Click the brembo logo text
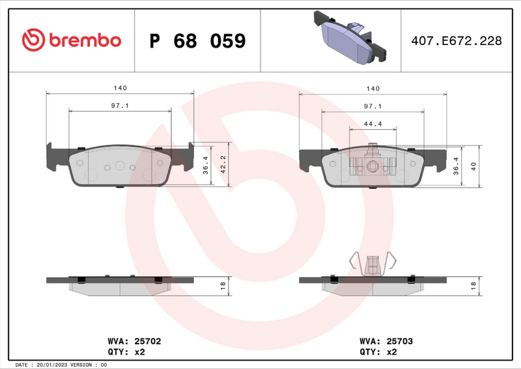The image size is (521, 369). tap(83, 40)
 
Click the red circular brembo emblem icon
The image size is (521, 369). tap(33, 40)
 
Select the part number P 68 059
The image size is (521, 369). tap(197, 41)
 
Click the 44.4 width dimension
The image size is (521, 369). tap(372, 123)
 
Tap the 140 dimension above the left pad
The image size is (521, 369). tap(119, 87)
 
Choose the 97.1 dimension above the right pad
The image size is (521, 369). tap(372, 105)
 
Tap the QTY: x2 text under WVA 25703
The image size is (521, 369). tap(378, 351)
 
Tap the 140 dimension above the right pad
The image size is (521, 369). tap(372, 87)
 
